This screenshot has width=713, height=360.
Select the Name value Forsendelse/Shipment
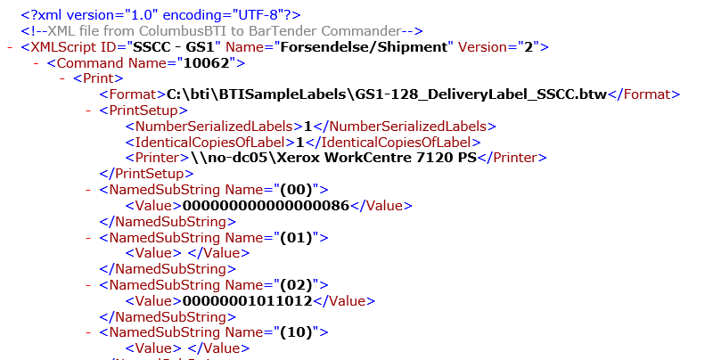point(379,47)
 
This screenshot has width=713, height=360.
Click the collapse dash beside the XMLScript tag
point(9,47)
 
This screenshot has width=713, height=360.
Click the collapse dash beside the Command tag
point(37,63)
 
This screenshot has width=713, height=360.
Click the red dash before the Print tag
point(62,79)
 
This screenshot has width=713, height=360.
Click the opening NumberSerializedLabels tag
point(214,127)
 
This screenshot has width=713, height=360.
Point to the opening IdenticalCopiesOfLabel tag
point(210,143)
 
